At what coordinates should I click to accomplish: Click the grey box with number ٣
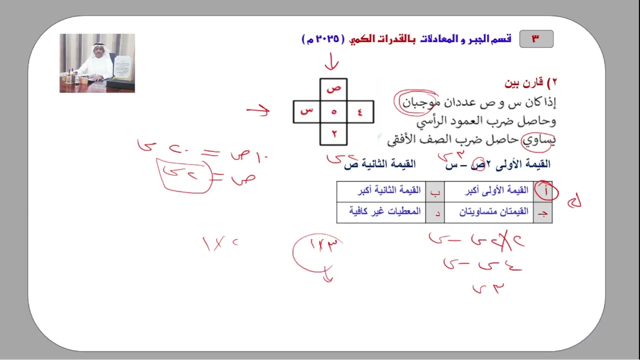[536, 39]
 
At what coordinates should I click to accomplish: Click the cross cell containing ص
[333, 88]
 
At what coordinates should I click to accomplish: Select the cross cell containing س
[306, 111]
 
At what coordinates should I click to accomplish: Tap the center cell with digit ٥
[333, 111]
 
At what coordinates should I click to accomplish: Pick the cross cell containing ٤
[360, 111]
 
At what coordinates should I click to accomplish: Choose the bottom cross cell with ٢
[333, 133]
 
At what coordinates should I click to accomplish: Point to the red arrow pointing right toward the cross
[258, 110]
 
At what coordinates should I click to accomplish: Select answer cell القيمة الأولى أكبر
[489, 190]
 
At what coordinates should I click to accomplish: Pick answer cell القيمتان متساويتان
[489, 212]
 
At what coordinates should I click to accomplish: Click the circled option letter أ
[544, 190]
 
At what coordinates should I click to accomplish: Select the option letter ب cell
[435, 190]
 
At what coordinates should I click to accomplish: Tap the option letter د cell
[435, 212]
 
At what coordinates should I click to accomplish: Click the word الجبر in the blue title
[476, 39]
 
